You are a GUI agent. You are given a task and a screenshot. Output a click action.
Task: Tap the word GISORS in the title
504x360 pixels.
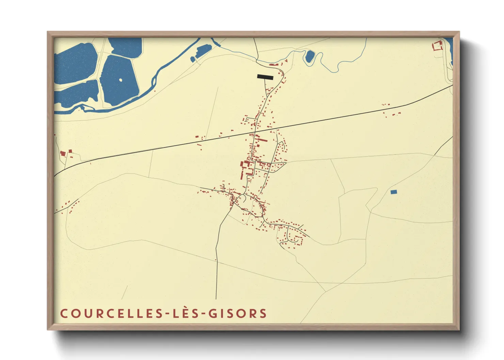(237, 313)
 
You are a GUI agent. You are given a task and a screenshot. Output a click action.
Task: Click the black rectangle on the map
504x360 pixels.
(265, 77)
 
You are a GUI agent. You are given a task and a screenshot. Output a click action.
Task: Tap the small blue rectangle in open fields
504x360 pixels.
(394, 192)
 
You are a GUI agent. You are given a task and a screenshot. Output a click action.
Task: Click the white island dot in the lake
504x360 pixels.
(121, 80)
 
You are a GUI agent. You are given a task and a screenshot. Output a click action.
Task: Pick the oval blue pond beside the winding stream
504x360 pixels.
(310, 56)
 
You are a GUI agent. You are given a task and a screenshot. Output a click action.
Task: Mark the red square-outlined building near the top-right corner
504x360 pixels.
(437, 46)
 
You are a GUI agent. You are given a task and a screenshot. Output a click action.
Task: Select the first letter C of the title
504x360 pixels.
(64, 313)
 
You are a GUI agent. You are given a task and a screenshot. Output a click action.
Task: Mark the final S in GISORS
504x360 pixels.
(263, 313)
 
